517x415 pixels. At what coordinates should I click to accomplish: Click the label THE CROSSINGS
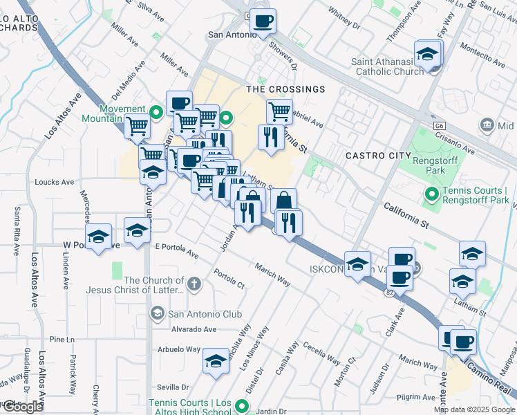(286, 89)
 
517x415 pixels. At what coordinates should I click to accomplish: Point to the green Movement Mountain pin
(156, 110)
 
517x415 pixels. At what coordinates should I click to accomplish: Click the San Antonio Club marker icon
(156, 314)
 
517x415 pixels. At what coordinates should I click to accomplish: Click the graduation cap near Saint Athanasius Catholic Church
(428, 53)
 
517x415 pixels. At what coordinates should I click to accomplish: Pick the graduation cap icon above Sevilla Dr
(216, 361)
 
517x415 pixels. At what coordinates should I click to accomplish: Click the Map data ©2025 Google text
(473, 409)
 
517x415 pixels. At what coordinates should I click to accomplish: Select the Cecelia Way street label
(321, 355)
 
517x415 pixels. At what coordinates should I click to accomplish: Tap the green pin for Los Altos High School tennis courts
(241, 406)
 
